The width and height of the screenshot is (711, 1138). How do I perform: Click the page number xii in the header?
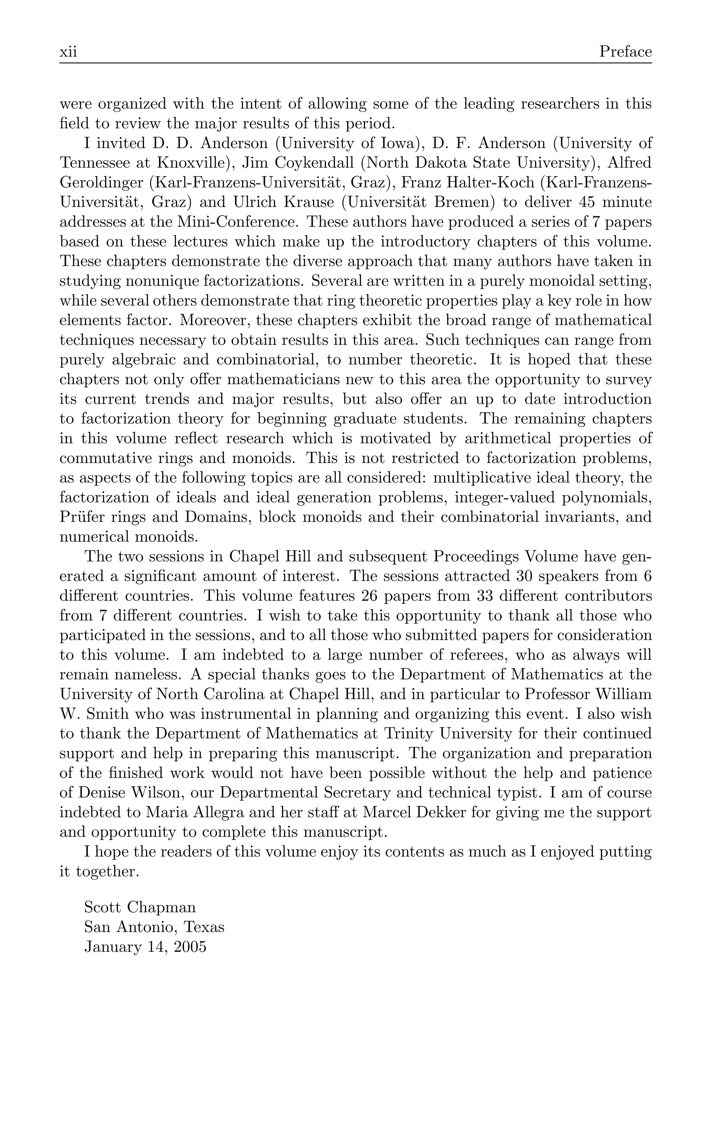(x=68, y=51)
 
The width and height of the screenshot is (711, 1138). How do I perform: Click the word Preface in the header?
(x=625, y=51)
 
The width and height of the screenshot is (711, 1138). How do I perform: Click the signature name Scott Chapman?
(x=140, y=907)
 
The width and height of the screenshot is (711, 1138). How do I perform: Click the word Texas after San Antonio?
(x=203, y=927)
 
